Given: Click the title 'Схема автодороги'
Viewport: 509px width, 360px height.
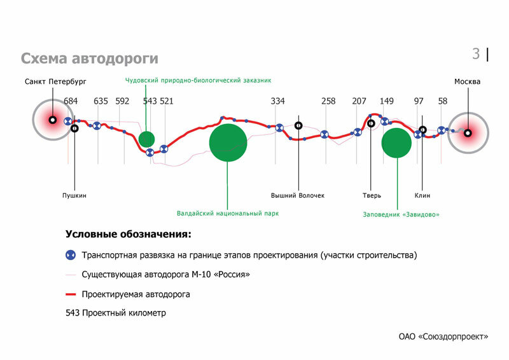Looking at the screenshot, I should click(89, 59).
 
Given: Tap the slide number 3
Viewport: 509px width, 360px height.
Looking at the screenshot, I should click(476, 54).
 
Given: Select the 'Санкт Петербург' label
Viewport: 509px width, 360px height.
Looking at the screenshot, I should click(55, 82).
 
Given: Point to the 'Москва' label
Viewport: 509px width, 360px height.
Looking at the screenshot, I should click(467, 82).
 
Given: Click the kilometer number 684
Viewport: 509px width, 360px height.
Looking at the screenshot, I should click(71, 101).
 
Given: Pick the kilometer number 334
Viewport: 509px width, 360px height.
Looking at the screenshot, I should click(277, 101).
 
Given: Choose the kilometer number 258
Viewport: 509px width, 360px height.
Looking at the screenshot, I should click(328, 101).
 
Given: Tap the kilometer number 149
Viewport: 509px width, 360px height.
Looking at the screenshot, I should click(386, 101).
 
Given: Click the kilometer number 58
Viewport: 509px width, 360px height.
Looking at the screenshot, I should click(443, 101).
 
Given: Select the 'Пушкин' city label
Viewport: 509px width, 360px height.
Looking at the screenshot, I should click(74, 195).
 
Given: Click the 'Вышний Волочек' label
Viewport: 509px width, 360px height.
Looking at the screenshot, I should click(297, 195).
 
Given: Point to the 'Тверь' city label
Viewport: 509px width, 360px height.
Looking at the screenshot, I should click(372, 195).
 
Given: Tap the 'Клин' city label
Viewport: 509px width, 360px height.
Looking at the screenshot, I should click(422, 195).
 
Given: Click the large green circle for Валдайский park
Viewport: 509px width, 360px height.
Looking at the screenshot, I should click(228, 143).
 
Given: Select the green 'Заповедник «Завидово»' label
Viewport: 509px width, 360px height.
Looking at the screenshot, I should click(401, 214).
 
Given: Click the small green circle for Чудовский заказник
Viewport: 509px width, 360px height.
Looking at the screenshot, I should click(146, 139).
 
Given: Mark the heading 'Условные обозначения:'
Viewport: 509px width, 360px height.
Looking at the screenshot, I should click(128, 234).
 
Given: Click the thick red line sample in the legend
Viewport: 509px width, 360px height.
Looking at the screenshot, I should click(71, 294).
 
